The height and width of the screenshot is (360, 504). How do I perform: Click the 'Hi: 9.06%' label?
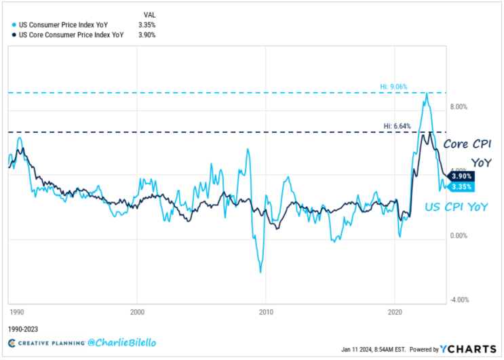(x=393, y=87)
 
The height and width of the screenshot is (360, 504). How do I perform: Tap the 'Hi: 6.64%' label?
(x=397, y=126)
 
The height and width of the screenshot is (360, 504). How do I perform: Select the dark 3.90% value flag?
(x=461, y=176)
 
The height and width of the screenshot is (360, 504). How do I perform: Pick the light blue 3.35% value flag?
(x=461, y=187)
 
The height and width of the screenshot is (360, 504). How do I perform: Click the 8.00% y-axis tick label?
(x=459, y=107)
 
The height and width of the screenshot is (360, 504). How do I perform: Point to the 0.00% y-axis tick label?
(x=459, y=236)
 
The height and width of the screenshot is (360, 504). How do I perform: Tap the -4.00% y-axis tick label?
(x=459, y=300)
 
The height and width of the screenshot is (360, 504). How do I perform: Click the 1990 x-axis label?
(x=17, y=312)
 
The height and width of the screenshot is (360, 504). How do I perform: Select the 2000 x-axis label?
(x=137, y=312)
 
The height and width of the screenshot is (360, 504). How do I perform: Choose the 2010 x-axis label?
(x=266, y=312)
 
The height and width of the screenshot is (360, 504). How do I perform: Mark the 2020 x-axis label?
(x=395, y=312)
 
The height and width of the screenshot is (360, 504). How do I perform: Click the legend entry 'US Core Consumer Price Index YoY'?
(x=71, y=35)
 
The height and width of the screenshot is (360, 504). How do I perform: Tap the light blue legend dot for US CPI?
(x=14, y=24)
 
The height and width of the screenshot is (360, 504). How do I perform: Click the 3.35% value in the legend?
(x=147, y=24)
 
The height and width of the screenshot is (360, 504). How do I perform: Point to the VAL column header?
(x=149, y=15)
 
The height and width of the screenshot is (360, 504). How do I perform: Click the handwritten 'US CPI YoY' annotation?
(x=457, y=207)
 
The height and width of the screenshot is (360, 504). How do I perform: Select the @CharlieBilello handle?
(x=122, y=342)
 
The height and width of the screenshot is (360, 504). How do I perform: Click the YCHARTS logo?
(x=468, y=349)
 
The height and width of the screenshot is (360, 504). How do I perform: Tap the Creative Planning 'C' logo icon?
(x=12, y=343)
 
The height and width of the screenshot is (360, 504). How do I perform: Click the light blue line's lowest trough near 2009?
(x=260, y=273)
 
